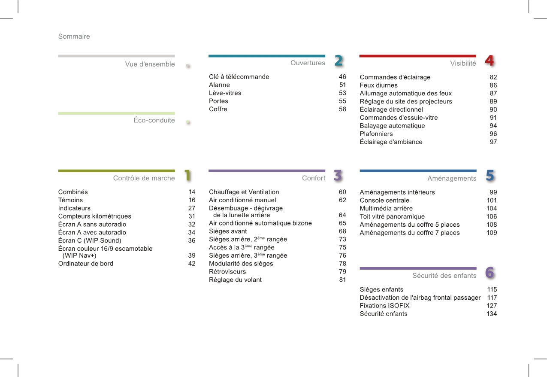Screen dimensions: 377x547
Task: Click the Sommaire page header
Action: pos(74,36)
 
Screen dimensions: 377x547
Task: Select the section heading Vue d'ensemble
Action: pos(150,64)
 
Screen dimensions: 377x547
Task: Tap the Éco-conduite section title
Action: pos(154,120)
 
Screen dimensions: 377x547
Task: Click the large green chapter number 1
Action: pos(187,176)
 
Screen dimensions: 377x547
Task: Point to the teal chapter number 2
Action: pos(338,61)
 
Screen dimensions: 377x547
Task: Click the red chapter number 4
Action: pos(489,61)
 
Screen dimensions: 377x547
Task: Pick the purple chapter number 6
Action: pos(490,273)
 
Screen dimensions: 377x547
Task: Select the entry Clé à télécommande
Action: pos(239,77)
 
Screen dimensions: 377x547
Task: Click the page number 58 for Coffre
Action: pos(342,109)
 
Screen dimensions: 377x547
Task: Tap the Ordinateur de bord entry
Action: pos(86,264)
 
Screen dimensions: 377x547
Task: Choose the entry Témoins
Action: pos(70,200)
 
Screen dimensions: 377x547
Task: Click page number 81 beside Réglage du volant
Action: pos(342,280)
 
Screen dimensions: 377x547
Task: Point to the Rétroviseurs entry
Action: pos(227,272)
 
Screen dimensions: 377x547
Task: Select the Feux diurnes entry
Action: pos(378,85)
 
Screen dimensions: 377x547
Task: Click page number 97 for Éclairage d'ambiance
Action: pos(493,142)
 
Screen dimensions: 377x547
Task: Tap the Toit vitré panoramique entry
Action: pos(392,217)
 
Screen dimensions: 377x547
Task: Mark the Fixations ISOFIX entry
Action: pos(384,306)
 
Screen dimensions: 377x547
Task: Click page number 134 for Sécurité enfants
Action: pos(492,314)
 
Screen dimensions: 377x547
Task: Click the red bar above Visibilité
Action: pos(417,56)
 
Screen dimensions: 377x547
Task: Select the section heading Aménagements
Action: pos(452,179)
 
